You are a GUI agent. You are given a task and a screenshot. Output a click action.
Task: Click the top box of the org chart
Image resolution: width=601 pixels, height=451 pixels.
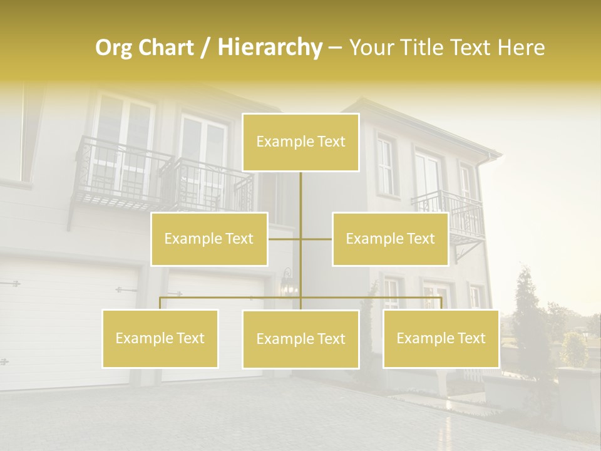(300, 142)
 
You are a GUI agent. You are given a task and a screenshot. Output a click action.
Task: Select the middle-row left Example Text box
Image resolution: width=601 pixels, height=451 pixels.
(209, 239)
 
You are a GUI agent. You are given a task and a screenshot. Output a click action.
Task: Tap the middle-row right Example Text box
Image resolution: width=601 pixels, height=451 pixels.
(390, 239)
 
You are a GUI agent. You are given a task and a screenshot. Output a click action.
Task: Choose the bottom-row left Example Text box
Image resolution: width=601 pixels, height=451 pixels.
(160, 338)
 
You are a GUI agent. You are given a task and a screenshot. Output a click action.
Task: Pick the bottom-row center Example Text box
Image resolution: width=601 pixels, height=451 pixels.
(300, 339)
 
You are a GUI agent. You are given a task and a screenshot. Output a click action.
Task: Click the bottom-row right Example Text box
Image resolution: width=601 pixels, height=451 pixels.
(441, 338)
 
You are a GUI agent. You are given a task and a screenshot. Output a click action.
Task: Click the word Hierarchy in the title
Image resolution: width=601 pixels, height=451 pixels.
(269, 47)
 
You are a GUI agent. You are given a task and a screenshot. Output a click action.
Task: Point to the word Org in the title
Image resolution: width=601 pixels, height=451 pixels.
(114, 48)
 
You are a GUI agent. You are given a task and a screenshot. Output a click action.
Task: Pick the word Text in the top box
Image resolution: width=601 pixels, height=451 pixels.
(331, 142)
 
